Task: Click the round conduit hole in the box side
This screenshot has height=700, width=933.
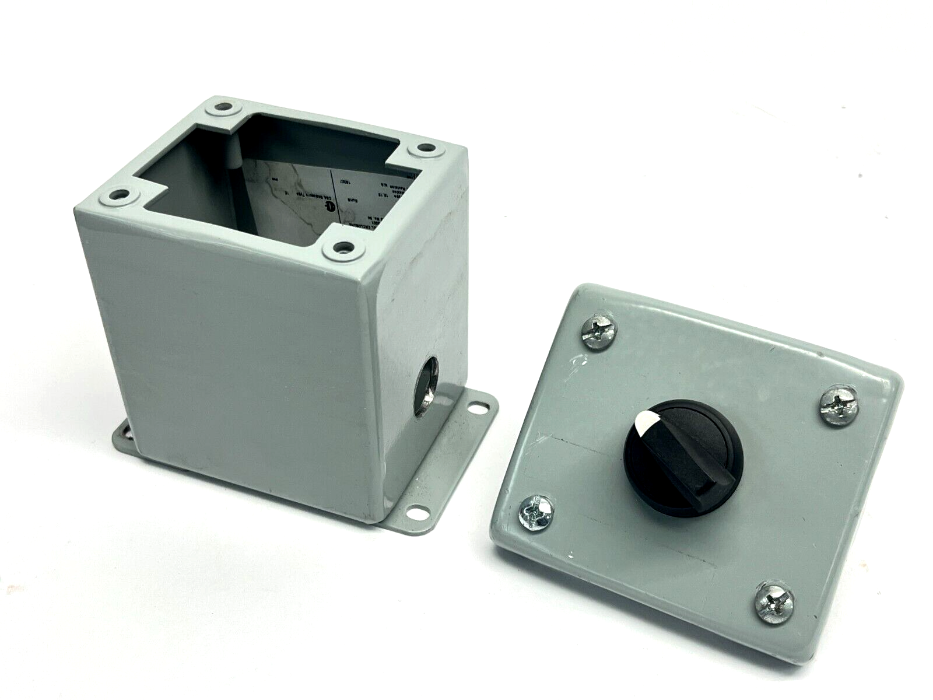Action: (x=429, y=387)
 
